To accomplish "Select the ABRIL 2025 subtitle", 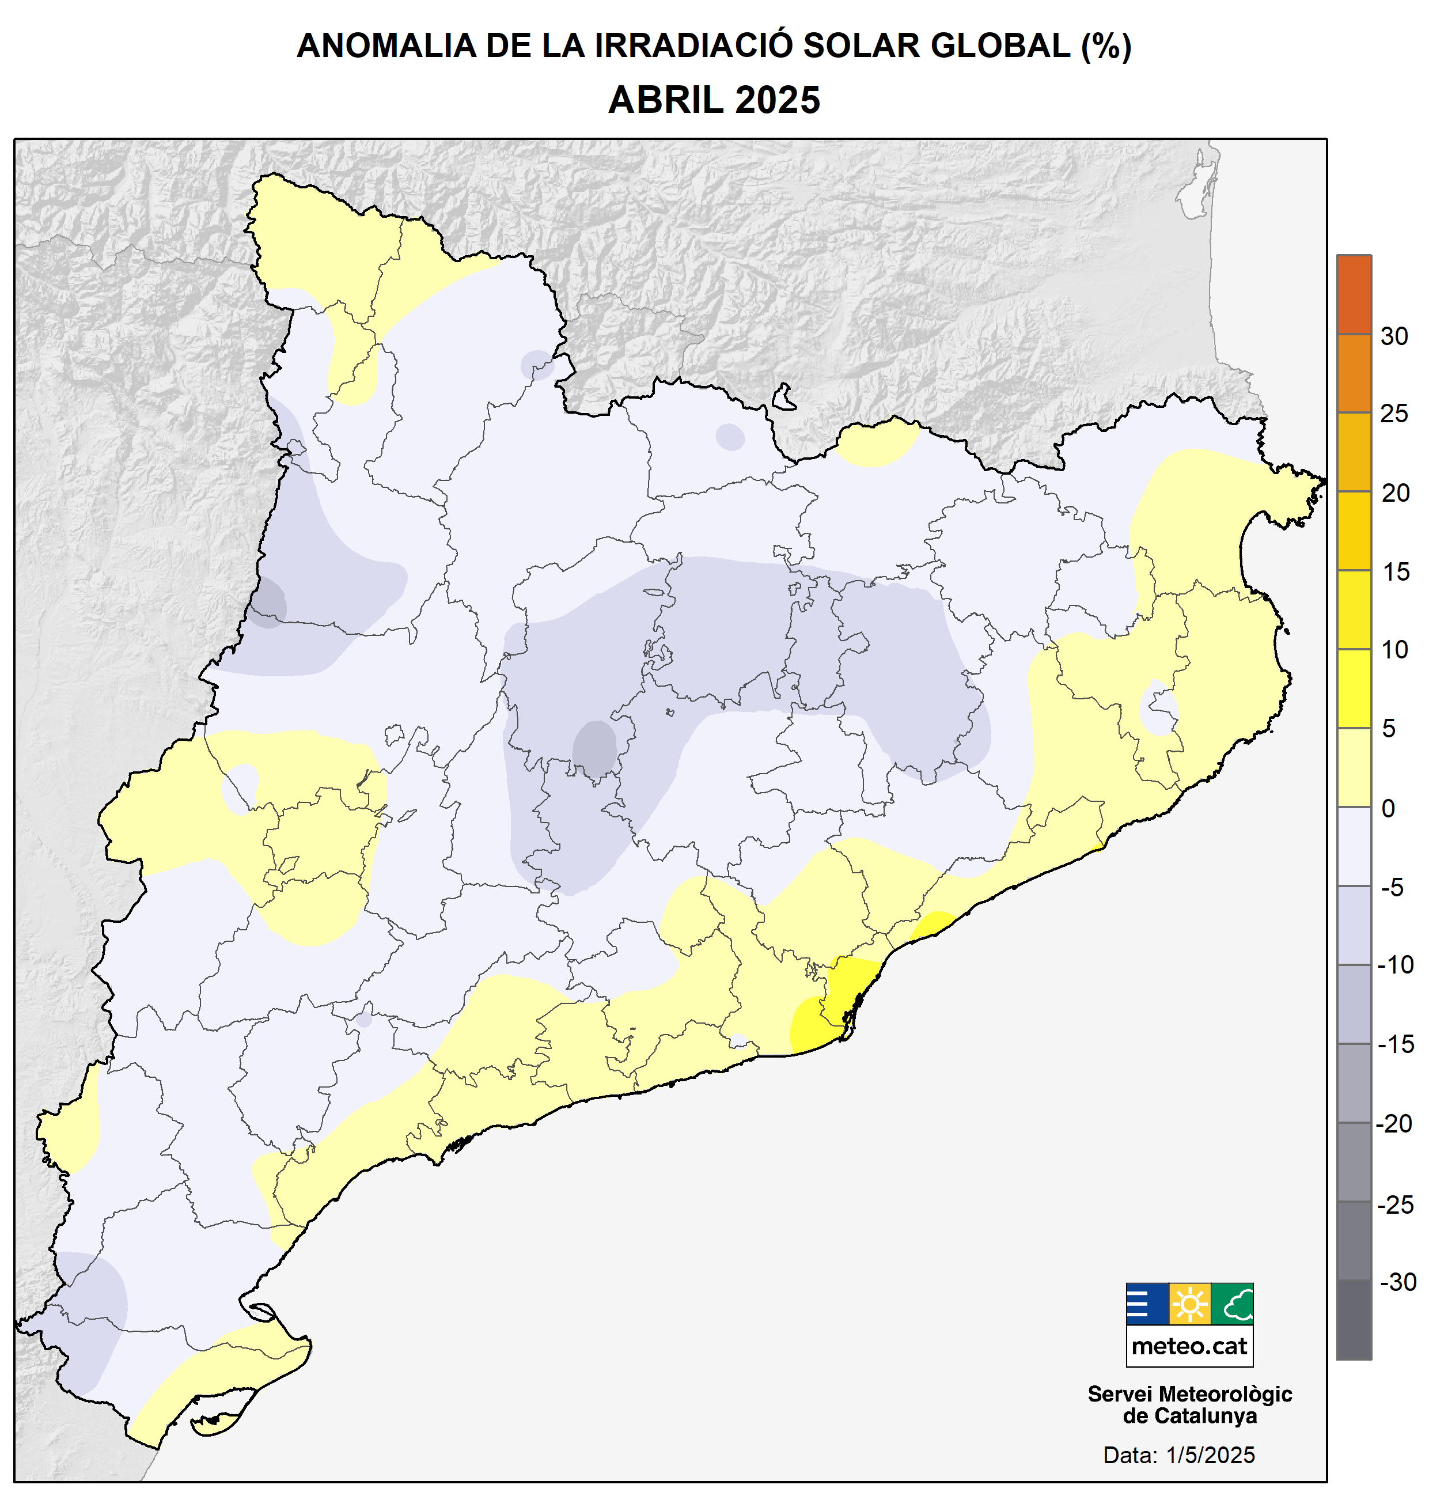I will (714, 100).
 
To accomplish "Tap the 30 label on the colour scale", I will (1393, 336).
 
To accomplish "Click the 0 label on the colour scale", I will (1389, 808).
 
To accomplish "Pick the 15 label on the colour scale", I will (1396, 571).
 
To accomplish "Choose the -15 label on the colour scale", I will (1396, 1044).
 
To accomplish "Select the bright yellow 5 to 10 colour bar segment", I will (1354, 688).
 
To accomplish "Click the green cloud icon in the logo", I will (1231, 1304).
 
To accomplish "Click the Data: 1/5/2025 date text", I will (1178, 1455).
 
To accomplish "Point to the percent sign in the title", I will (1106, 46).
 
